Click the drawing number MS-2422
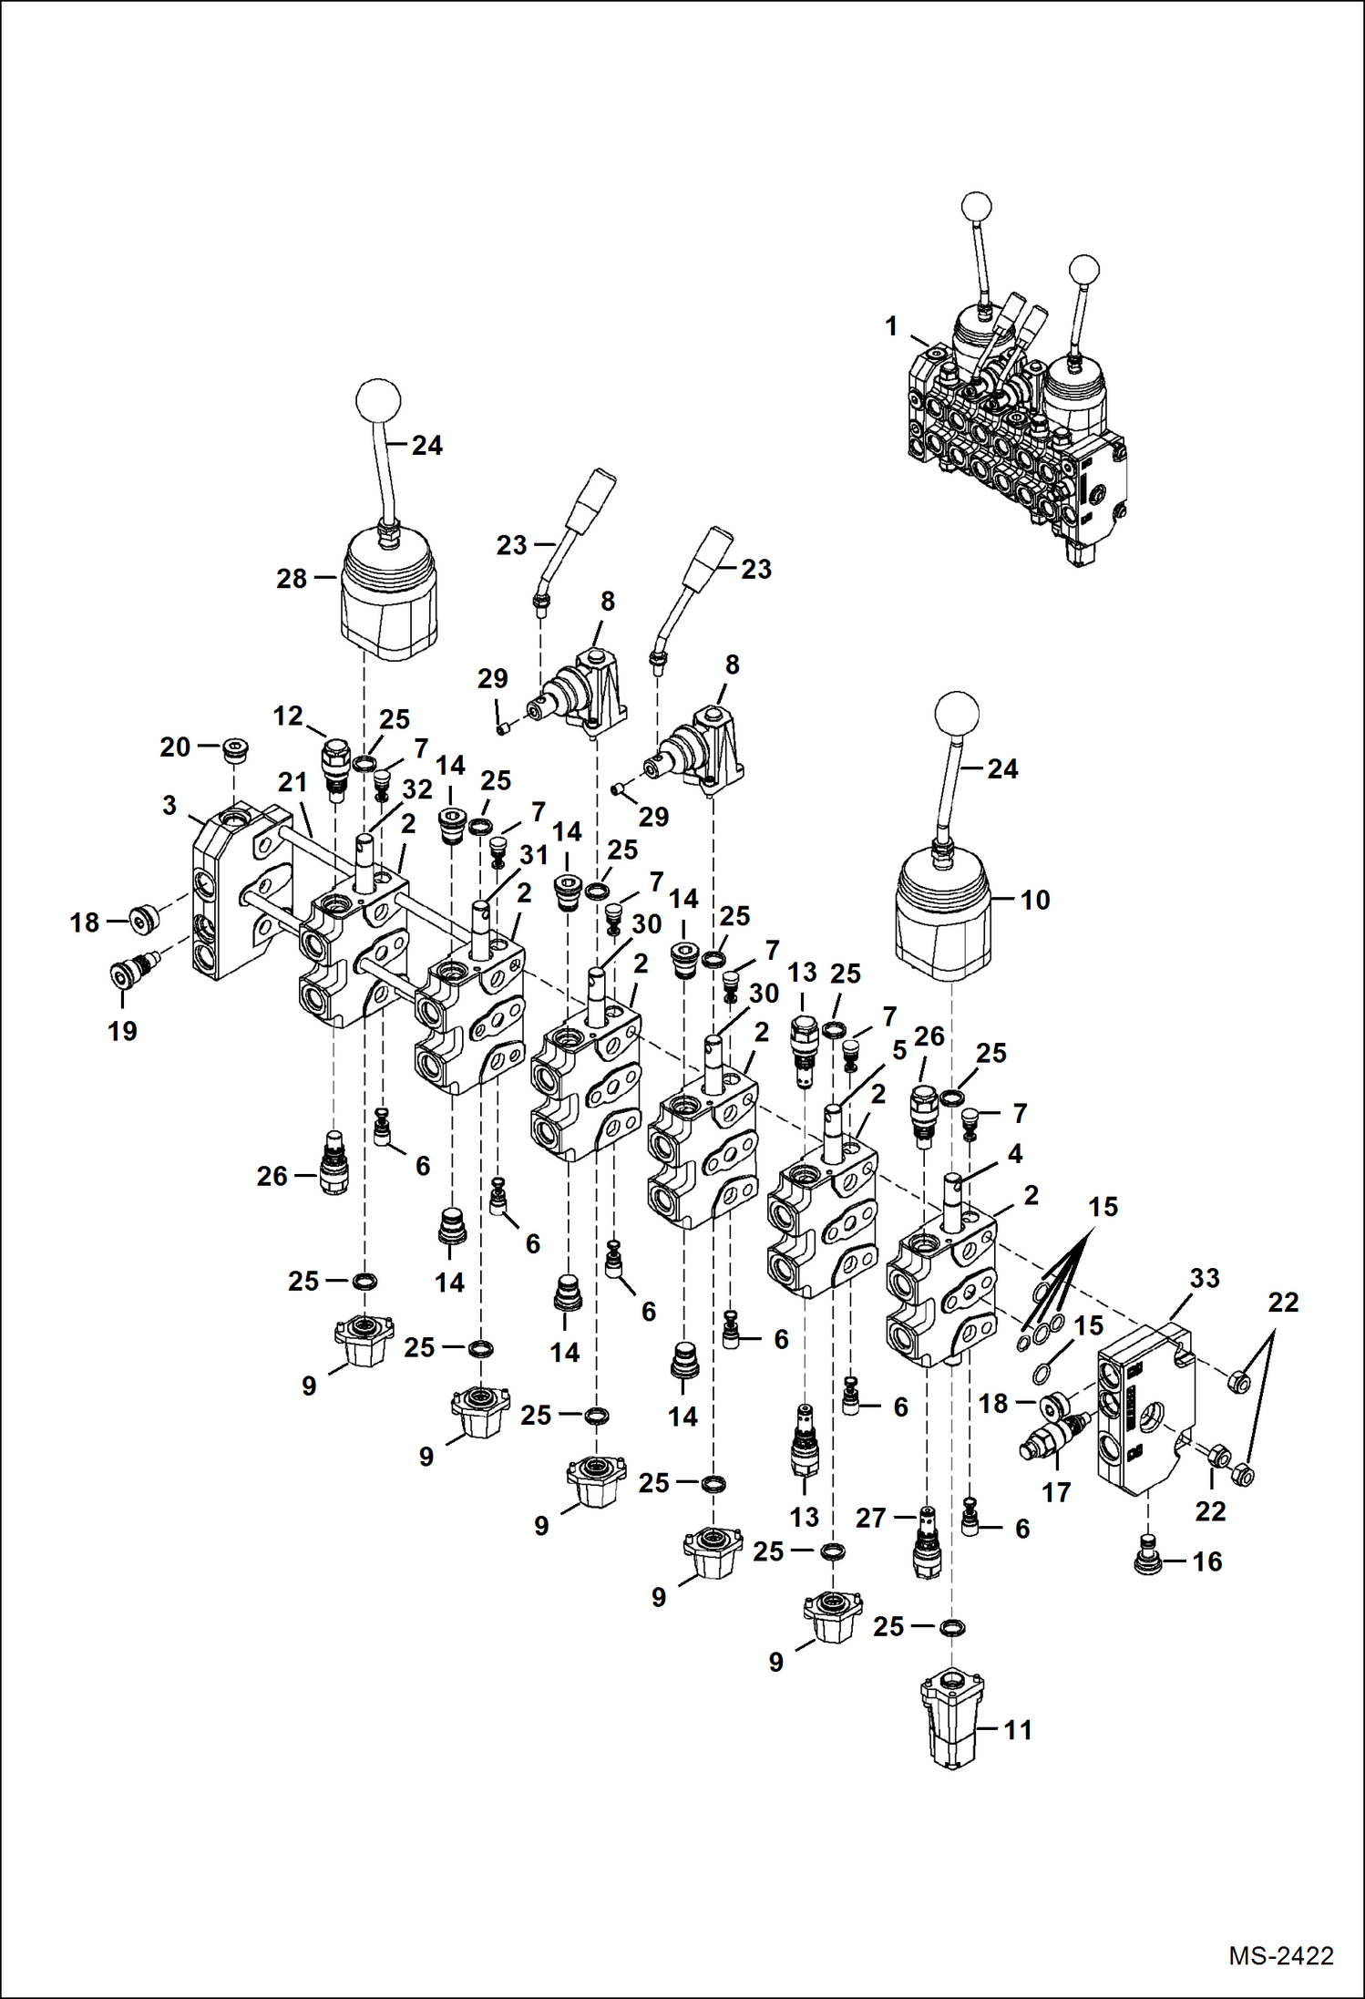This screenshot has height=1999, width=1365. pyautogui.click(x=1280, y=1956)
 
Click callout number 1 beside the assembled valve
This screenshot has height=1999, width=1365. pyautogui.click(x=891, y=325)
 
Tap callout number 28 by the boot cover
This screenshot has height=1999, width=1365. pyautogui.click(x=292, y=579)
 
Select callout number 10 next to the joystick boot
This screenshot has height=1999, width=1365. pyautogui.click(x=1034, y=900)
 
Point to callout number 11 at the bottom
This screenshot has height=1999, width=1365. pyautogui.click(x=1018, y=1730)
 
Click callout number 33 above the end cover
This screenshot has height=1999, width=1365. pyautogui.click(x=1204, y=1278)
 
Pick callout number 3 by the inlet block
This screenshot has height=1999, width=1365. pyautogui.click(x=169, y=805)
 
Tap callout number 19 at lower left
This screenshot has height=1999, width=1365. pyautogui.click(x=122, y=1031)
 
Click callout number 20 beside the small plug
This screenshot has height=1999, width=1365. pyautogui.click(x=175, y=747)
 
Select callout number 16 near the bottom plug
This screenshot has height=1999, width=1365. pyautogui.click(x=1206, y=1561)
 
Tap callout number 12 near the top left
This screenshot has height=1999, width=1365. pyautogui.click(x=288, y=716)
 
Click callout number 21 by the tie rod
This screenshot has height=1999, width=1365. pyautogui.click(x=292, y=782)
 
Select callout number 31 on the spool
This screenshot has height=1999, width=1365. pyautogui.click(x=534, y=855)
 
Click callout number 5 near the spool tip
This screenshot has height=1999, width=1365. pyautogui.click(x=899, y=1050)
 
